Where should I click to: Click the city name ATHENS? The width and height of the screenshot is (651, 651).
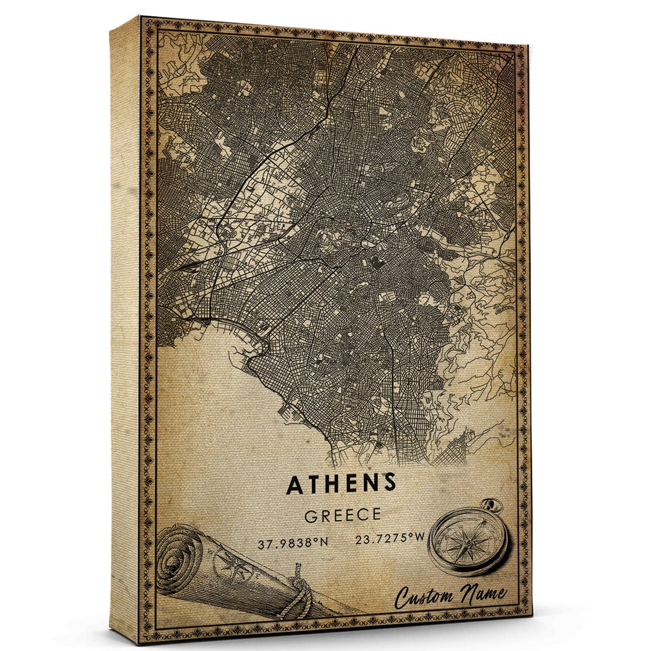341,484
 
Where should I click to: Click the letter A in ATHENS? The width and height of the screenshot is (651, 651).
295,485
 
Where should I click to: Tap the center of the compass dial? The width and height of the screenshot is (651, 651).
465,543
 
